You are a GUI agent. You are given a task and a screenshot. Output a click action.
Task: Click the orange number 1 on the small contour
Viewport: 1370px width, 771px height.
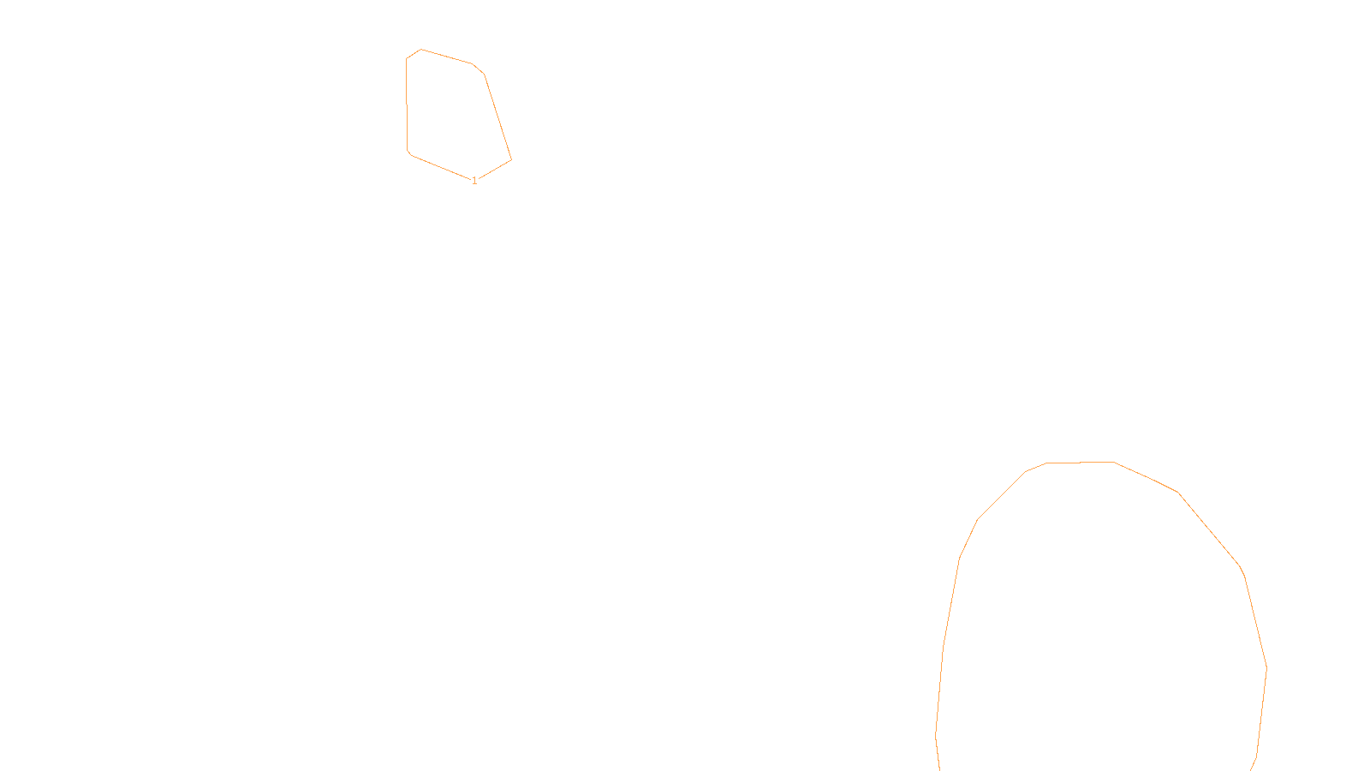(474, 181)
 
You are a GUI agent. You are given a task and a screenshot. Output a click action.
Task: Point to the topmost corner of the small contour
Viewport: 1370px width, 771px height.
(420, 50)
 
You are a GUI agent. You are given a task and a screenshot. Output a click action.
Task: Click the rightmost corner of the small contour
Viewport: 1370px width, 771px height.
(511, 159)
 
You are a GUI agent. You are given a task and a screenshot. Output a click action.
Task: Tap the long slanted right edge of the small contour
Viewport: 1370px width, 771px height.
(498, 117)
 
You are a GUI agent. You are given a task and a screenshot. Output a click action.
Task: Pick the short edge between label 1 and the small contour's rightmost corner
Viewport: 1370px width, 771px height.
(494, 170)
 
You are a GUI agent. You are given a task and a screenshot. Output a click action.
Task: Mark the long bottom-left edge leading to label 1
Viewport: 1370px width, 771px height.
(440, 167)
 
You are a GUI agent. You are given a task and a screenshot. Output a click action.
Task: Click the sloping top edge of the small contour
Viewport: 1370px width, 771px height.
(447, 57)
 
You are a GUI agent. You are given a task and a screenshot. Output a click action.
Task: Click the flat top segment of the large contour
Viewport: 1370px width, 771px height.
(1081, 463)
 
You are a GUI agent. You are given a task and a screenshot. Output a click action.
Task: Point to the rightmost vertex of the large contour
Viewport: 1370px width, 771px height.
(1266, 667)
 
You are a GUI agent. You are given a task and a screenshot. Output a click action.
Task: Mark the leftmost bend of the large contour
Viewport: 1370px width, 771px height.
(936, 735)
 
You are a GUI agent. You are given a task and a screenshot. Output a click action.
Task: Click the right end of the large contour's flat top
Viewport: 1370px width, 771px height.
(1114, 462)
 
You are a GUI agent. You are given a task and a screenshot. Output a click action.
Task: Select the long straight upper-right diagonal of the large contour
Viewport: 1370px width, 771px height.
(1209, 529)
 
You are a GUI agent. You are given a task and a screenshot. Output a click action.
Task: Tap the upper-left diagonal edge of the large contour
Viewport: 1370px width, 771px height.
(1001, 495)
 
